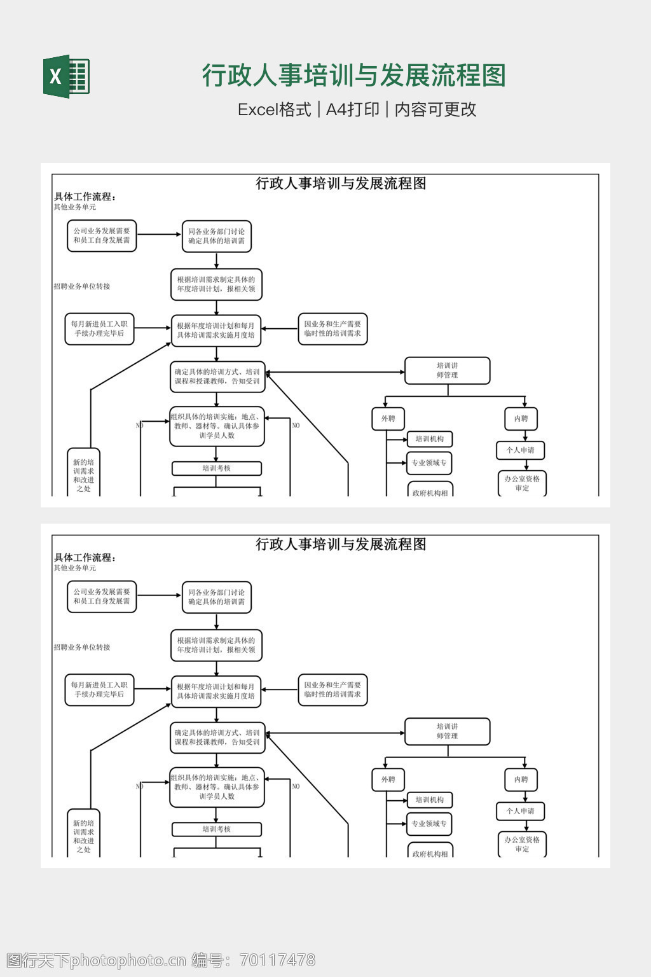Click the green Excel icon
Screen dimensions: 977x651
point(66,76)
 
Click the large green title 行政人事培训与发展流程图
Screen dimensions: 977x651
point(353,76)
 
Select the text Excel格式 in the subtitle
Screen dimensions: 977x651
point(274,109)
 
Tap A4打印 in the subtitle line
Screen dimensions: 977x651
point(352,109)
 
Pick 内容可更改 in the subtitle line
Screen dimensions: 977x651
point(435,109)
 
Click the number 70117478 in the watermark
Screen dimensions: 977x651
point(276,960)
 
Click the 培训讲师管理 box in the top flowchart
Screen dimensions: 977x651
point(447,371)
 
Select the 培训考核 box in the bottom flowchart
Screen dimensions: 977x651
point(216,829)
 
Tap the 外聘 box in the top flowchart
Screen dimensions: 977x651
point(388,419)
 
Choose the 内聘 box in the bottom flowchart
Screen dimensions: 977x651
point(521,780)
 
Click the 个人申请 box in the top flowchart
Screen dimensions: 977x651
point(520,450)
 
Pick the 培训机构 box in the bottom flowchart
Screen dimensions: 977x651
point(429,800)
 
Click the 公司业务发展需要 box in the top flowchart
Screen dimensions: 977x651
point(102,236)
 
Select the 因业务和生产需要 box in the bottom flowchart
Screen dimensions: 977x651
point(332,690)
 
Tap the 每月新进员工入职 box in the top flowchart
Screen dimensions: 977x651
point(99,329)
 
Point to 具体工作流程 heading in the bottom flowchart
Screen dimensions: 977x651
point(85,558)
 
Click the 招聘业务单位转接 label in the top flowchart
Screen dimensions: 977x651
point(82,286)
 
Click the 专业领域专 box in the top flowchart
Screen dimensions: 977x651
point(429,463)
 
